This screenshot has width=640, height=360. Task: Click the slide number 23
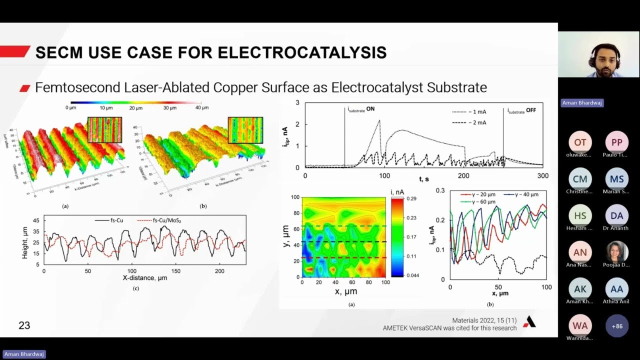pyautogui.click(x=24, y=325)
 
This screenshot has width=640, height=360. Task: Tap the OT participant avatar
pyautogui.click(x=580, y=142)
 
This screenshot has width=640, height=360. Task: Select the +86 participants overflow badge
pyautogui.click(x=617, y=326)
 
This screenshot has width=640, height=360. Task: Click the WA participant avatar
pyautogui.click(x=580, y=326)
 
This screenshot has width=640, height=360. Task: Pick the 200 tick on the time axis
pyautogui.click(x=463, y=176)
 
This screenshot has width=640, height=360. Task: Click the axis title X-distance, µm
pyautogui.click(x=145, y=277)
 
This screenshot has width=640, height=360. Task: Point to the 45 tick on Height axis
pyautogui.click(x=36, y=220)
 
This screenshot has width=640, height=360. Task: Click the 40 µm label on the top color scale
pyautogui.click(x=201, y=108)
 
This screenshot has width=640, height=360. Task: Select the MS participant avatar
pyautogui.click(x=617, y=179)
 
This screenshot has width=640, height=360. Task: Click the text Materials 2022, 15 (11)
pyautogui.click(x=484, y=320)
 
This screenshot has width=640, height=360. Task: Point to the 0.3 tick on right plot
pyautogui.click(x=440, y=191)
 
